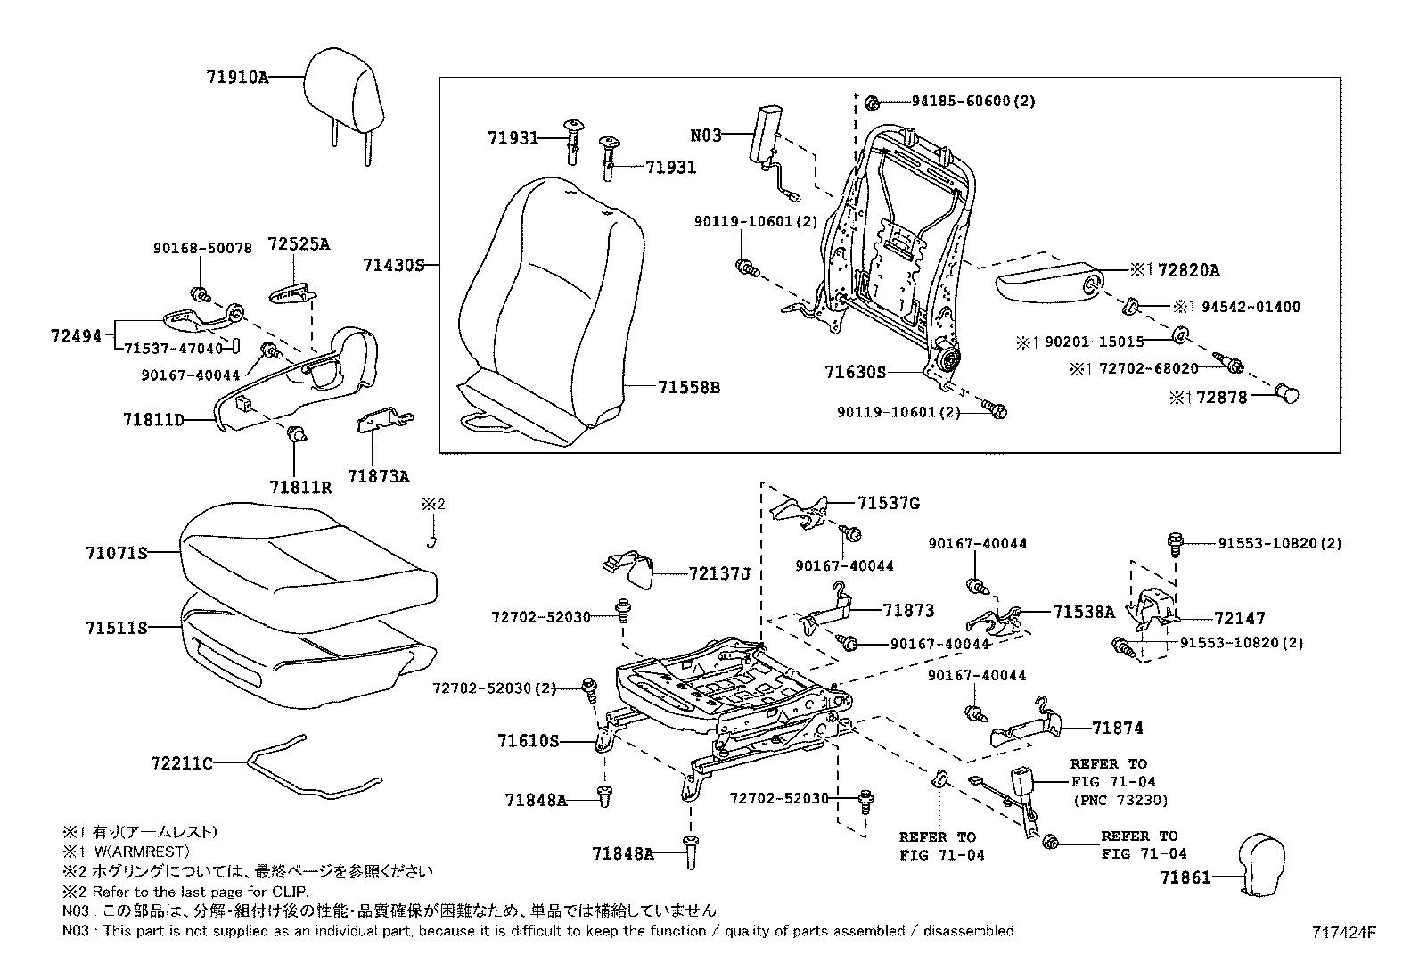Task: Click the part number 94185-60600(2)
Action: click(972, 102)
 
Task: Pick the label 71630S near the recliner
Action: click(856, 372)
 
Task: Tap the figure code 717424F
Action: click(1343, 933)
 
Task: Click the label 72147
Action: click(1240, 618)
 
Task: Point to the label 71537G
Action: click(889, 504)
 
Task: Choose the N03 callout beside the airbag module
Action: click(705, 136)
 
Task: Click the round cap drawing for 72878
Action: click(1287, 392)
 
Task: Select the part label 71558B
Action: click(689, 387)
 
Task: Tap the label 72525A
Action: click(299, 243)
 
